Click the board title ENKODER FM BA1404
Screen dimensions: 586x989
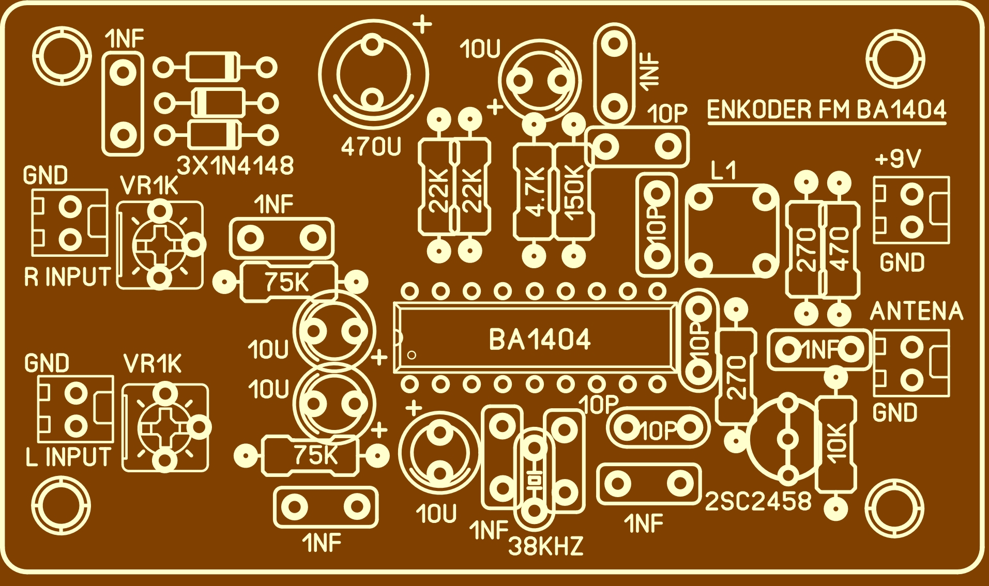pos(826,110)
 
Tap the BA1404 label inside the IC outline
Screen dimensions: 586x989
pos(539,340)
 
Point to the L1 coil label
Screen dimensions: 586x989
pos(723,171)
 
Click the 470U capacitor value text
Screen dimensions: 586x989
pos(371,148)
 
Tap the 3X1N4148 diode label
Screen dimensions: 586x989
pos(235,166)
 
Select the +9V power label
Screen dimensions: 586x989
pos(898,159)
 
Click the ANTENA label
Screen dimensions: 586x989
pos(917,311)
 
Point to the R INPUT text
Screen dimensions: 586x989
pos(68,277)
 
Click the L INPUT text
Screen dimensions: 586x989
pos(68,457)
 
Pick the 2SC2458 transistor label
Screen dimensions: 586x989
pos(758,501)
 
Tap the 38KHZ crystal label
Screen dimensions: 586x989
pos(546,546)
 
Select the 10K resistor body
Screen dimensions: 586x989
pos(836,443)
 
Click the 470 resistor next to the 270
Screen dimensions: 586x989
pos(840,250)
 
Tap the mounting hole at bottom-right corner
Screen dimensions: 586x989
pos(894,508)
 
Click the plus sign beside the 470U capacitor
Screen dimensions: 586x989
pos(422,24)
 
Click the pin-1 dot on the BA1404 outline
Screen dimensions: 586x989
pos(412,355)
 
